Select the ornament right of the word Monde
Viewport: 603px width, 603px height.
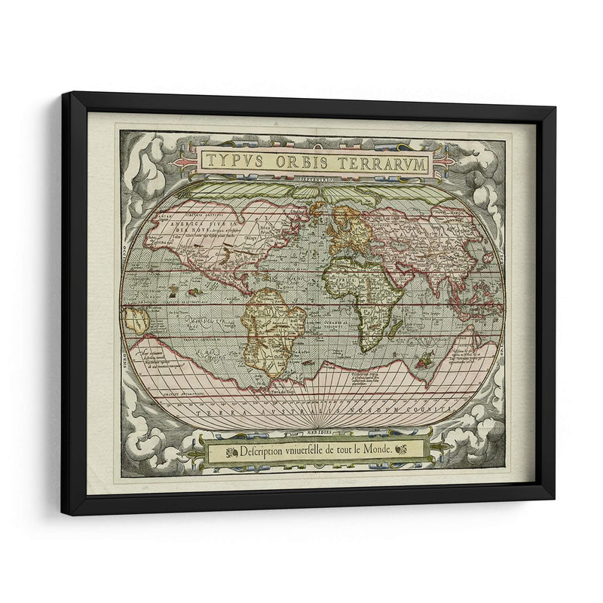click(x=401, y=450)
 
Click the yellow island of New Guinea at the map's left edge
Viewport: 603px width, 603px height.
click(x=136, y=319)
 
